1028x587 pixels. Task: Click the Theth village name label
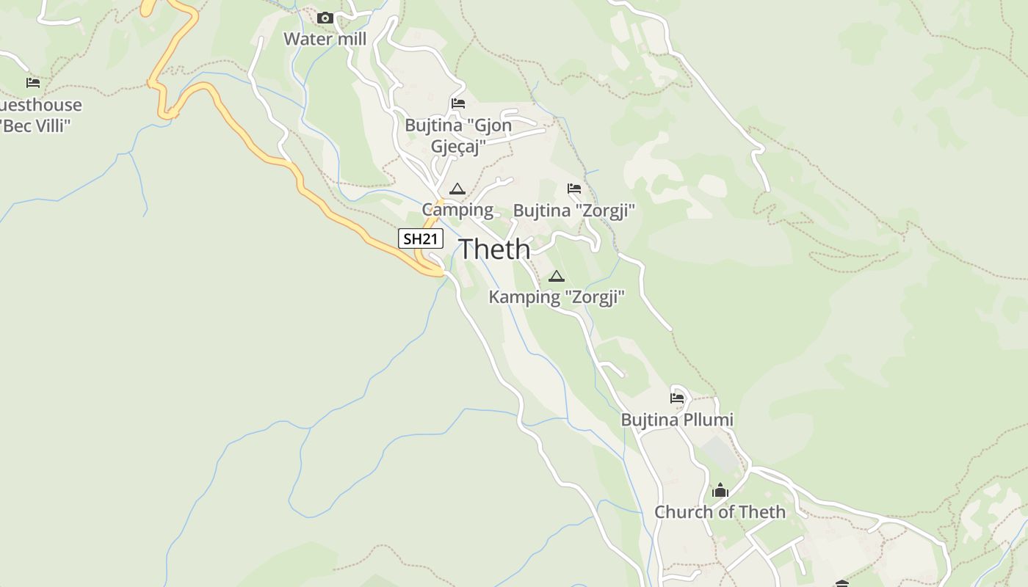coord(494,249)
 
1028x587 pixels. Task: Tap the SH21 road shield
coord(421,238)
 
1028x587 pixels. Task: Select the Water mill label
coord(325,39)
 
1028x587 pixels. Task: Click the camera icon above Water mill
coord(325,18)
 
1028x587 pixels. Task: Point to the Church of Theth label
coord(720,512)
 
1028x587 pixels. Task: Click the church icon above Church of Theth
coord(720,490)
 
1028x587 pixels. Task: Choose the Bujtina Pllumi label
coord(677,420)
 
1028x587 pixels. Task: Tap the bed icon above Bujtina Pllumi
coord(677,398)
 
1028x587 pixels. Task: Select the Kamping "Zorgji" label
coord(557,297)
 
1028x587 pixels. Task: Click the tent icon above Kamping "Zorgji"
coord(557,277)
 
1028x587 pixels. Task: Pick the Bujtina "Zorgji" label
coord(573,211)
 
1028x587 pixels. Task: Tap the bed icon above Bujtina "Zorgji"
coord(574,189)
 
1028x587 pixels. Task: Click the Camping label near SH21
coord(457,210)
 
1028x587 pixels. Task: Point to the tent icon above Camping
coord(457,189)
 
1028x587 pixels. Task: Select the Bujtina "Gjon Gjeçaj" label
coord(458,136)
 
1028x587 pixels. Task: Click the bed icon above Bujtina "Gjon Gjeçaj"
coord(458,103)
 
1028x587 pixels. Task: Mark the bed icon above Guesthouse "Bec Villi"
coord(33,82)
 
